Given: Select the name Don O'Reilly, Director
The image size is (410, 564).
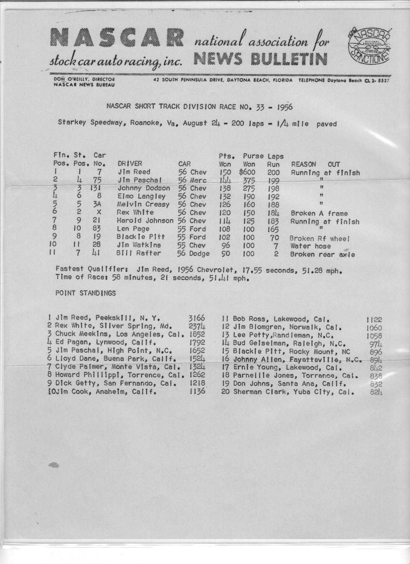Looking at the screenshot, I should coord(84,79).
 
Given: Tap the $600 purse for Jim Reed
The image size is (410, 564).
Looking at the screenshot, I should coord(247,172).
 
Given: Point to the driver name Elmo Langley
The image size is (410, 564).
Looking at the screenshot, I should coord(141,196).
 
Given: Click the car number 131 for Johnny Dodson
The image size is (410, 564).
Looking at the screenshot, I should coord(95,188).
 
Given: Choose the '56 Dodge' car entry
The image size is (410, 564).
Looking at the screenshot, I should coord(193,253).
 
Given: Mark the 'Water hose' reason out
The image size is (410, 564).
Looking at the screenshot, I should coord(310,246).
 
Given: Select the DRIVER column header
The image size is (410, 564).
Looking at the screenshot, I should coord(130,164).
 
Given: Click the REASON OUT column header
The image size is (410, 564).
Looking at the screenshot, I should coord(316,164).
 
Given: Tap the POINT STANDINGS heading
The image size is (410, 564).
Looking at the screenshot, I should coord(86,293).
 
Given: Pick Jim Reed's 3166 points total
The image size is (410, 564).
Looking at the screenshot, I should coord(197,318).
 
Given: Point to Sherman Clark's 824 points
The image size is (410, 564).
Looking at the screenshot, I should coord(376,392).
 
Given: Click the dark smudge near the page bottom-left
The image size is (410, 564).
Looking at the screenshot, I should coord(54,465).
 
